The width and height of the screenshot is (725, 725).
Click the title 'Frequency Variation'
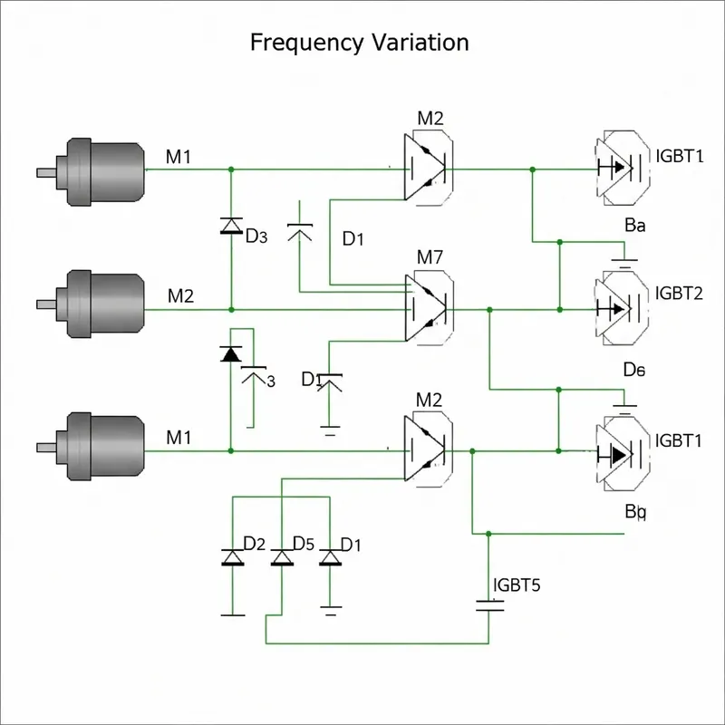pos(359,43)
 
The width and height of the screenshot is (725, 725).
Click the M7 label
pos(430,256)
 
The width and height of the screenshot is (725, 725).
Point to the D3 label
pos(257,237)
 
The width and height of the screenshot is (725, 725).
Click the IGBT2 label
pos(679,293)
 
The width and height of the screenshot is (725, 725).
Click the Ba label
pos(634,227)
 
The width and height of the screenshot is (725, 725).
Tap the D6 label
pos(633,370)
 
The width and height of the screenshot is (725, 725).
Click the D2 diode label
pos(255,544)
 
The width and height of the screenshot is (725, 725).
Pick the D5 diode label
pos(303,544)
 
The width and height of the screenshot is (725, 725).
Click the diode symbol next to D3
pos(231,226)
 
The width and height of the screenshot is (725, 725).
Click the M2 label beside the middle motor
pos(180,295)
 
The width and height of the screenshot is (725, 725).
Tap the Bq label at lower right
pos(635,512)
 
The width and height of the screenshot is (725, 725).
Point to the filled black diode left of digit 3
pos(231,354)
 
